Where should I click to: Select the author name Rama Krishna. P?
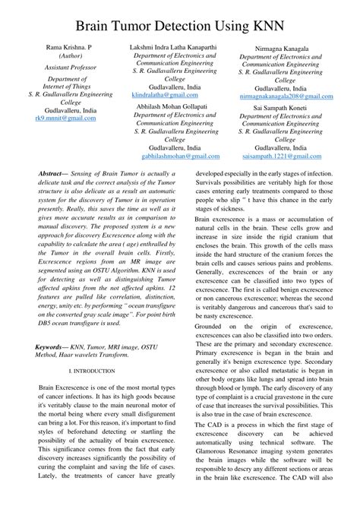pos(68,47)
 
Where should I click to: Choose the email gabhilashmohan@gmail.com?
pos(180,156)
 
